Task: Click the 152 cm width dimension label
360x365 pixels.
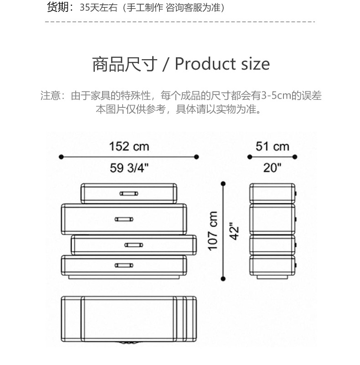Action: click(x=129, y=147)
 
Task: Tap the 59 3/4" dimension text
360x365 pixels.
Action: click(x=129, y=167)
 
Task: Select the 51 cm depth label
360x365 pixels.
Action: click(x=272, y=147)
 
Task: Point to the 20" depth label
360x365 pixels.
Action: click(x=273, y=167)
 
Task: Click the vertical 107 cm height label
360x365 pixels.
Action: click(x=212, y=230)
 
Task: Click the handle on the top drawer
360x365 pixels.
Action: click(x=129, y=193)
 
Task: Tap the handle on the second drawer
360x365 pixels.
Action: click(x=124, y=219)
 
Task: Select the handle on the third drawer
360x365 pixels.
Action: click(x=134, y=245)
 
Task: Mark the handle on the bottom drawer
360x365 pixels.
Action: click(x=124, y=265)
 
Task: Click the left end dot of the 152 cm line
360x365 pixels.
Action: click(x=61, y=157)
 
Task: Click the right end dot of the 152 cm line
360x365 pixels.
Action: click(x=196, y=157)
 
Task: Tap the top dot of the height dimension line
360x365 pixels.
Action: click(x=223, y=183)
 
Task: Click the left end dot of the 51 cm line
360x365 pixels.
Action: click(x=250, y=157)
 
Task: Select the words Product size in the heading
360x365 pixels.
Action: click(x=222, y=64)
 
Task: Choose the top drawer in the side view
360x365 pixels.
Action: click(x=272, y=193)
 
